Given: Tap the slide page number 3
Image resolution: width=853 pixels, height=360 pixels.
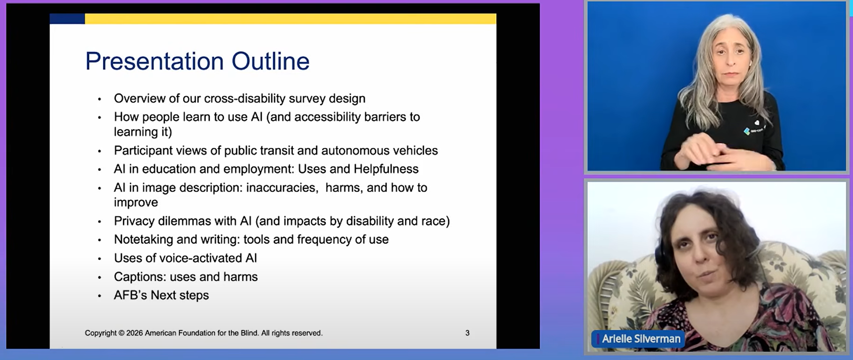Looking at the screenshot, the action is pyautogui.click(x=467, y=333).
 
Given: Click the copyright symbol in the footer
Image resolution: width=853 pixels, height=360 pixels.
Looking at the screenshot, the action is pyautogui.click(x=121, y=333).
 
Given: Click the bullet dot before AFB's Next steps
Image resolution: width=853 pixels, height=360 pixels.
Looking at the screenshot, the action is pyautogui.click(x=99, y=296).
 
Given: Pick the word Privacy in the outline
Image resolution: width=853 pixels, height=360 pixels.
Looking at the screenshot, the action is pyautogui.click(x=134, y=221).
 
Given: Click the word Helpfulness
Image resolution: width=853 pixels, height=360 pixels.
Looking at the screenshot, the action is pyautogui.click(x=386, y=169).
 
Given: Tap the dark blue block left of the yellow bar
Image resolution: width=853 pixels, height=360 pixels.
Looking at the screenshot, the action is pyautogui.click(x=67, y=18).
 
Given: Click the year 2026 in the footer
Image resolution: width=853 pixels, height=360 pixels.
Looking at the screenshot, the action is pyautogui.click(x=134, y=333).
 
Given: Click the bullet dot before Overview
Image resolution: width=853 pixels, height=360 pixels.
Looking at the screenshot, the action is pyautogui.click(x=99, y=99).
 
